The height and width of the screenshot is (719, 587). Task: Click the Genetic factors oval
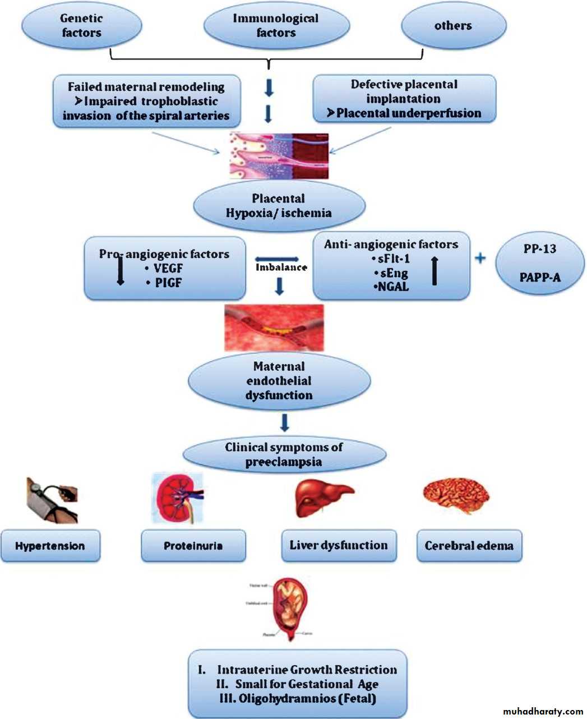point(82,26)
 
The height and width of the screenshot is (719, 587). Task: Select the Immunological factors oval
point(276,26)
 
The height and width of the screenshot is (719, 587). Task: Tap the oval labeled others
point(453,26)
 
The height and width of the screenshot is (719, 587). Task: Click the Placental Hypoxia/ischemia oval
point(279,206)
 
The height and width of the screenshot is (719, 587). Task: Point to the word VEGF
point(168,269)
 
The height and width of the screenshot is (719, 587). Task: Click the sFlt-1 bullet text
point(391,259)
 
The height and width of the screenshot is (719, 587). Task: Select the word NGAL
point(392,287)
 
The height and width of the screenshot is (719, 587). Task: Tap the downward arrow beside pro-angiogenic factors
point(120,272)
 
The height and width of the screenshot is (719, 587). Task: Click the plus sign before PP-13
point(480,258)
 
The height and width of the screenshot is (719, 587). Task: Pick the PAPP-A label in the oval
point(540,276)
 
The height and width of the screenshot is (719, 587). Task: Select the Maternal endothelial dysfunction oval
point(279,381)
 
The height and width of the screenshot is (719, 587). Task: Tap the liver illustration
point(323,496)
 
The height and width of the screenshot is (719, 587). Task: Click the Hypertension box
point(50,546)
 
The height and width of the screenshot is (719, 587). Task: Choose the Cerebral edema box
point(469,546)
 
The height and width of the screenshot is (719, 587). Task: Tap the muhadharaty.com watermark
point(543,711)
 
